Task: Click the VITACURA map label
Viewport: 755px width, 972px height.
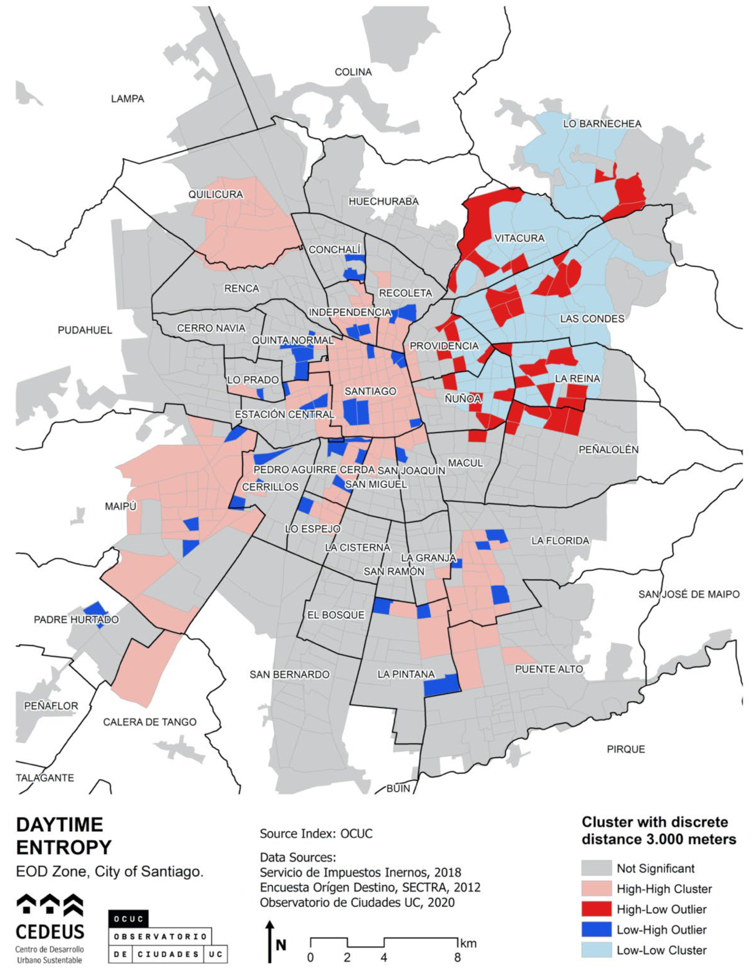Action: (x=519, y=239)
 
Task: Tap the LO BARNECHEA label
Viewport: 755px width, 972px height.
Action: (x=602, y=124)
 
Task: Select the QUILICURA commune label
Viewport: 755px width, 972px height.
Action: (x=215, y=194)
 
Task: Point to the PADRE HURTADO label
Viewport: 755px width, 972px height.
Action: (x=76, y=619)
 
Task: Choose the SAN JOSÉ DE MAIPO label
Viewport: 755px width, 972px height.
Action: (x=689, y=594)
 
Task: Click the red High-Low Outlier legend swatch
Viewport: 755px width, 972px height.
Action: (x=596, y=909)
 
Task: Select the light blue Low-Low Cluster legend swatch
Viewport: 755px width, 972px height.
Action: (x=596, y=950)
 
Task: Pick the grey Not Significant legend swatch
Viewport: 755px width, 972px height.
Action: (x=596, y=868)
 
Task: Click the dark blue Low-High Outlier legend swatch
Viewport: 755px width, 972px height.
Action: (x=596, y=930)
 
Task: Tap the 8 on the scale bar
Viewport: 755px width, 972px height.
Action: (x=457, y=957)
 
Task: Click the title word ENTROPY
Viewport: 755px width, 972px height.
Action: (x=64, y=847)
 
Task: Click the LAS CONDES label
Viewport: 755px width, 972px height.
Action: (x=592, y=319)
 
